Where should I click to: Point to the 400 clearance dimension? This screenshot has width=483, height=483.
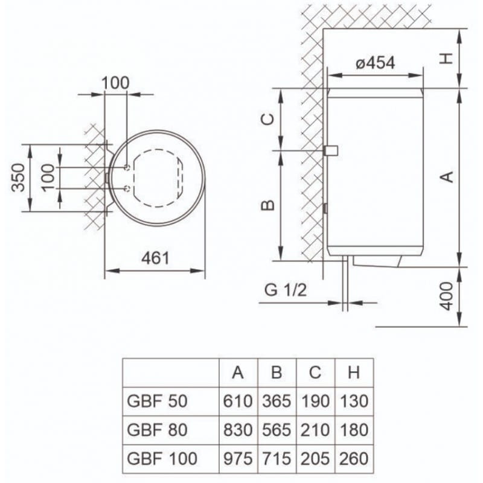tap(446, 295)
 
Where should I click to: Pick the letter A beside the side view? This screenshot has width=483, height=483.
tap(446, 176)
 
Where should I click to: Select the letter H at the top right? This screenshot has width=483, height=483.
tap(446, 58)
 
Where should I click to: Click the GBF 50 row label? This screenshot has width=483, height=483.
tap(149, 401)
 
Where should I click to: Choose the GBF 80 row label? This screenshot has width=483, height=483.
tap(149, 430)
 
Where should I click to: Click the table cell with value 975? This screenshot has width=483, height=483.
tap(238, 458)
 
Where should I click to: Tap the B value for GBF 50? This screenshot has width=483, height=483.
tap(277, 401)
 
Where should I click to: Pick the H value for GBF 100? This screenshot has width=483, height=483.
tap(354, 458)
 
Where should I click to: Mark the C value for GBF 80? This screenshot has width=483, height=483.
tap(315, 430)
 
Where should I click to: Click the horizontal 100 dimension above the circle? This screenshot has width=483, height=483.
tap(115, 83)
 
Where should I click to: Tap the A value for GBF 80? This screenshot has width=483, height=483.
tap(238, 430)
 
